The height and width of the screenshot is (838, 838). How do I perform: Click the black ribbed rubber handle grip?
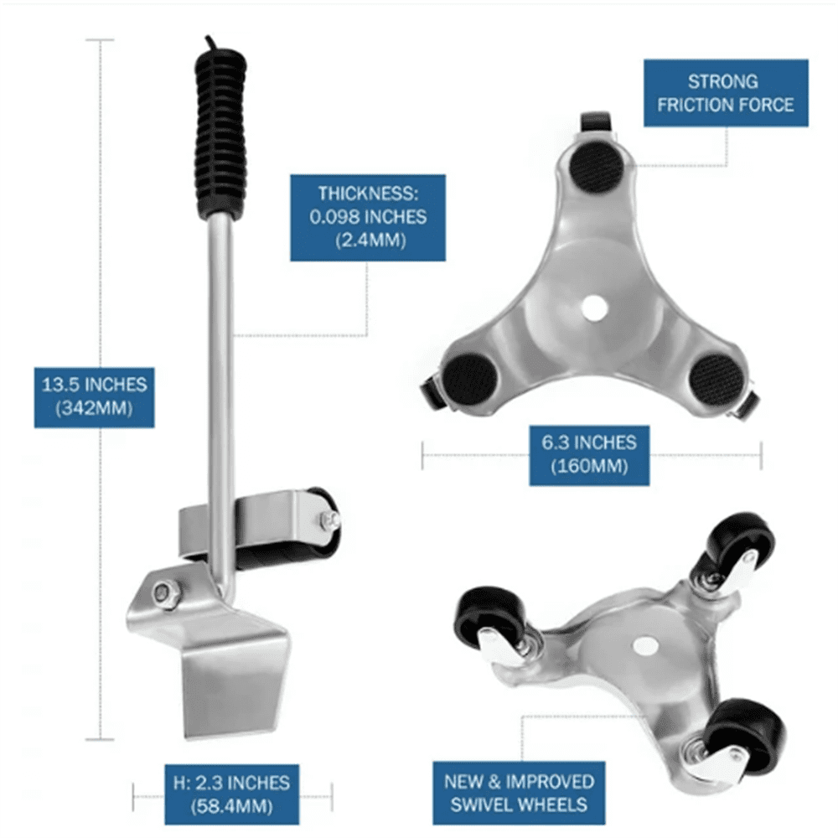coord(220,133)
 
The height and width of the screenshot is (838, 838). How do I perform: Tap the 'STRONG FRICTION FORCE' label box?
coord(725,93)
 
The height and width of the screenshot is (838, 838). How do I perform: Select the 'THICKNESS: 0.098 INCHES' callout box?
coord(368,218)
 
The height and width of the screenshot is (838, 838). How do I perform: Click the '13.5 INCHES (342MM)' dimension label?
coord(95,397)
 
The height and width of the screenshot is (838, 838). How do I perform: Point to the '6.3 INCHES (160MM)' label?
coord(589,455)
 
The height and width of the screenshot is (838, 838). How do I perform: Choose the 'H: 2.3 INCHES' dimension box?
coord(231,794)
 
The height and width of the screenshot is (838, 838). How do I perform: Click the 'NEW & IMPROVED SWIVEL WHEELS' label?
coord(519,793)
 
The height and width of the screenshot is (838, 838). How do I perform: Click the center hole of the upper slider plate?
coord(594,308)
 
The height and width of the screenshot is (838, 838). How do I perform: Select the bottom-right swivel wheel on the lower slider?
coord(749,736)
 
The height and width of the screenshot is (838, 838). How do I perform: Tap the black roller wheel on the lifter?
coord(313,528)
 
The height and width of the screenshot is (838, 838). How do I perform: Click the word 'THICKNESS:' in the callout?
coord(368,193)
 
